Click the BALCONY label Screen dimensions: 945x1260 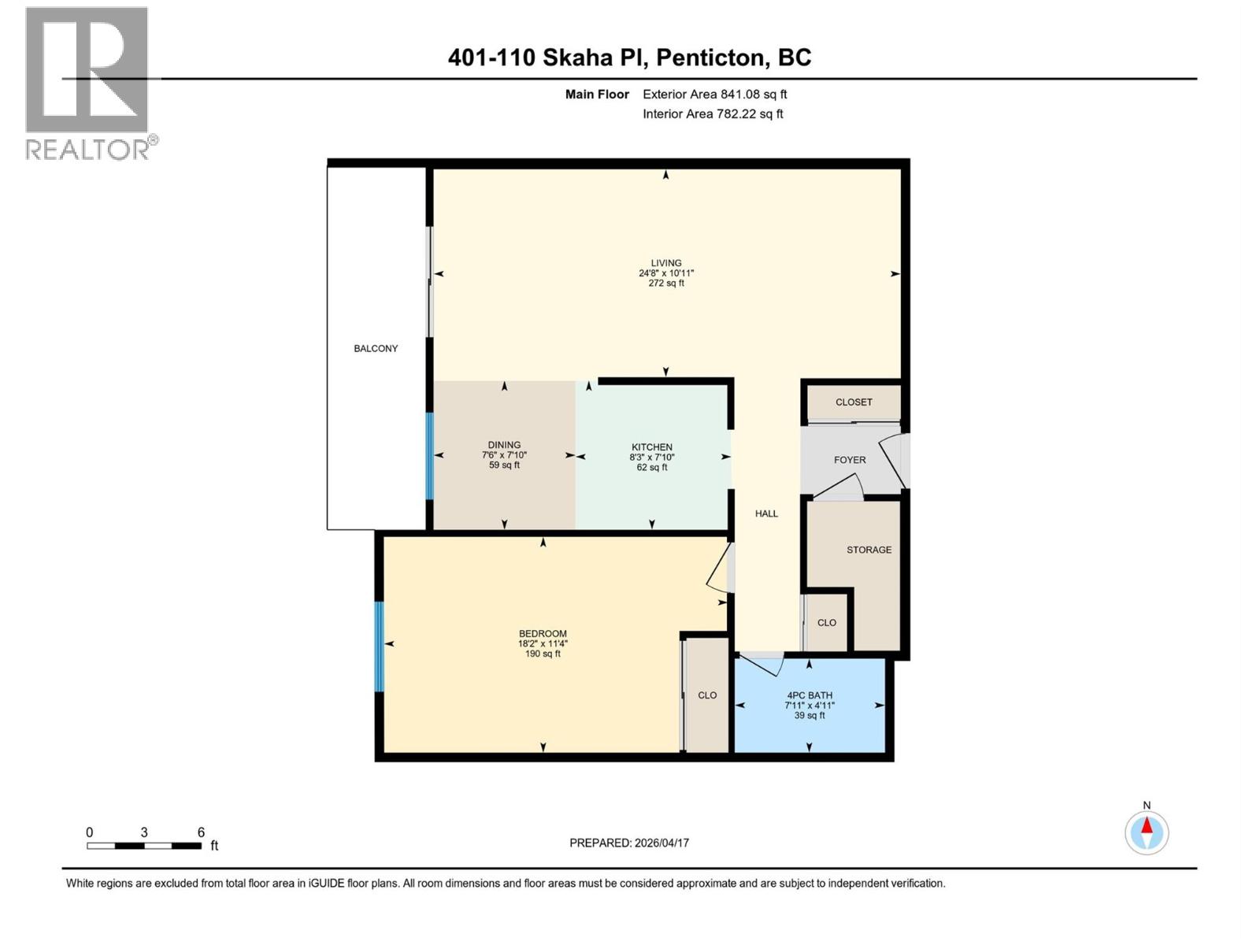pyautogui.click(x=376, y=348)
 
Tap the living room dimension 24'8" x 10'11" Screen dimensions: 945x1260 pyautogui.click(x=665, y=273)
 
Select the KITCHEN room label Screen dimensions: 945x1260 pyautogui.click(x=651, y=447)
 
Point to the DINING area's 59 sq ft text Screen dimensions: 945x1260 pyautogui.click(x=504, y=465)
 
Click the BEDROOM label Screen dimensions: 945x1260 pyautogui.click(x=543, y=633)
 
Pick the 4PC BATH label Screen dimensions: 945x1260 pyautogui.click(x=809, y=695)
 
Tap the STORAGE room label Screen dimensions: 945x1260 pyautogui.click(x=869, y=550)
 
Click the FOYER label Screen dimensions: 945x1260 pyautogui.click(x=850, y=460)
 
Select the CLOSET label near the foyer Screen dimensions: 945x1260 pyautogui.click(x=854, y=402)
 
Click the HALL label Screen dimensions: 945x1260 pyautogui.click(x=766, y=513)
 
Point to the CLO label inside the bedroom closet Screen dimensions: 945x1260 pyautogui.click(x=707, y=695)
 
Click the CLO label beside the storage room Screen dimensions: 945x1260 pyautogui.click(x=826, y=623)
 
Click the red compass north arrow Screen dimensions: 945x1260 pyautogui.click(x=1147, y=826)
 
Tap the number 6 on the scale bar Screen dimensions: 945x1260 pyautogui.click(x=201, y=832)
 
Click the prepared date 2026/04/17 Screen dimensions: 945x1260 pyautogui.click(x=661, y=843)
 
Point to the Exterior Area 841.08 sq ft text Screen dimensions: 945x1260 pyautogui.click(x=714, y=94)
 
